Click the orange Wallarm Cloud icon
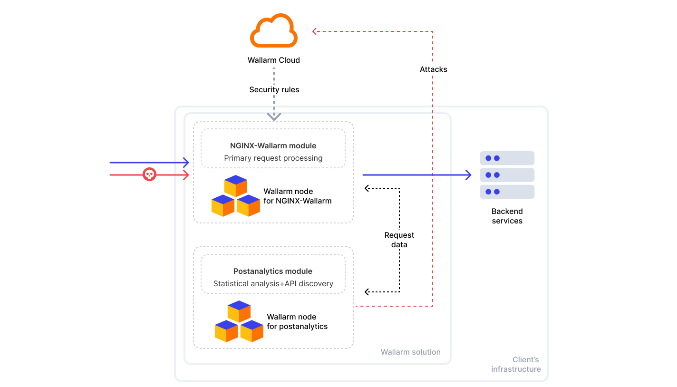point(274,31)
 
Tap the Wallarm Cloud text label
point(274,60)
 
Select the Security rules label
point(274,89)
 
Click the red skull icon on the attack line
point(150,174)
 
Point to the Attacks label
point(433,69)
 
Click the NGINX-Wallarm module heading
point(273,146)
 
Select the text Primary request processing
point(273,158)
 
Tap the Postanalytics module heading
point(273,271)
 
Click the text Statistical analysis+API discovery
point(273,283)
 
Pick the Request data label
point(399,240)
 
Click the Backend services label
point(507,216)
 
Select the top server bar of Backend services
point(507,158)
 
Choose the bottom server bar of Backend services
point(507,192)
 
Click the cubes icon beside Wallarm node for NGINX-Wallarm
point(236,196)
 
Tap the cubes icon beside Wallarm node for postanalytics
point(239,321)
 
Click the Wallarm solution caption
point(410,352)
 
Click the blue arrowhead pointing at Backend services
point(468,175)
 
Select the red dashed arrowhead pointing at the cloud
point(315,31)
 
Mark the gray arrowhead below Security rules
point(274,116)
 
